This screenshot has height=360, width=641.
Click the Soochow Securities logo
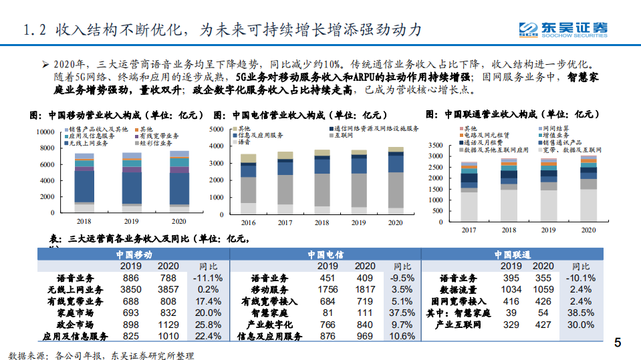point(565,29)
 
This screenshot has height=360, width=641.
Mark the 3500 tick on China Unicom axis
point(434,145)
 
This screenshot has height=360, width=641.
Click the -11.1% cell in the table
point(206,278)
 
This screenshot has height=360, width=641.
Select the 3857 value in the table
point(167,289)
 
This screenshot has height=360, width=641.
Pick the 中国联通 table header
point(512,255)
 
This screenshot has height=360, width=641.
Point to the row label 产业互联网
point(459,324)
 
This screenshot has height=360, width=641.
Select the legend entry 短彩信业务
point(154,143)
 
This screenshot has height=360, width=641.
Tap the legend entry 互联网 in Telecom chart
point(347,135)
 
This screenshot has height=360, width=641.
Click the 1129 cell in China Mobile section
point(167,324)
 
